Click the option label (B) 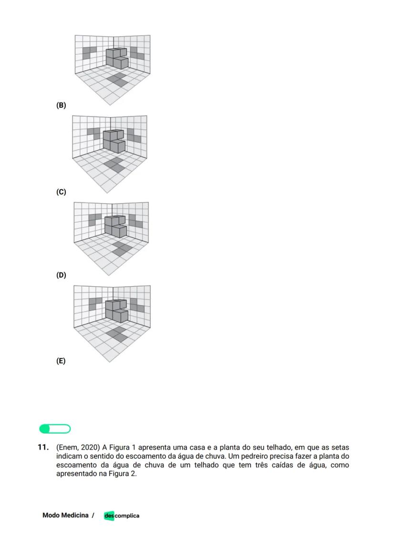pos(61,105)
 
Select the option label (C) pos(61,192)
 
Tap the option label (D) pos(61,275)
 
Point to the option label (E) pos(61,361)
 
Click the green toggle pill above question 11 pos(55,429)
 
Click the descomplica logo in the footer pos(121,516)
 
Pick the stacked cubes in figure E pos(117,310)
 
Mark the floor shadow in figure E pos(117,333)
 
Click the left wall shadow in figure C pos(93,132)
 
